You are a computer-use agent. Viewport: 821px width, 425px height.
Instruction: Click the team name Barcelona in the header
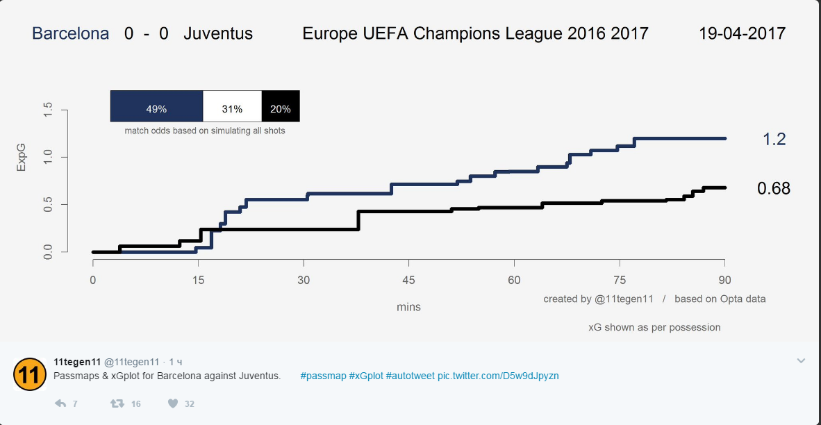(71, 33)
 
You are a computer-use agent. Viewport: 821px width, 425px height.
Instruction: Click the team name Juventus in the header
(218, 33)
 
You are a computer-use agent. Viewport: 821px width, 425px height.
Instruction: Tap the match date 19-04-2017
(742, 33)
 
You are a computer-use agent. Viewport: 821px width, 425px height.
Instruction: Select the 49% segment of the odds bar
(156, 109)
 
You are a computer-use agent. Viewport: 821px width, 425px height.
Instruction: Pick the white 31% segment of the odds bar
(232, 109)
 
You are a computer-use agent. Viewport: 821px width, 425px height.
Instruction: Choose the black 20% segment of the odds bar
(281, 109)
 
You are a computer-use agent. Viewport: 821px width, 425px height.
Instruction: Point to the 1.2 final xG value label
(774, 140)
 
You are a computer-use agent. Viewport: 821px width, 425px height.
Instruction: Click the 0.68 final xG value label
(774, 188)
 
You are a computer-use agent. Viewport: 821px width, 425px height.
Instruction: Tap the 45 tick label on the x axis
(408, 281)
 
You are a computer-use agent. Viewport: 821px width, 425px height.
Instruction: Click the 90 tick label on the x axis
(724, 281)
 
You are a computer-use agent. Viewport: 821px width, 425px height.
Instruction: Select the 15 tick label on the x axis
(198, 281)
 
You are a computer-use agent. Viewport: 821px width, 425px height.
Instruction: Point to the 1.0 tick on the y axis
(48, 158)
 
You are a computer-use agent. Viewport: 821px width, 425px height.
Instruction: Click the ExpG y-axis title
(21, 158)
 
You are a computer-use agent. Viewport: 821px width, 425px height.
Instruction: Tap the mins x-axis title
(408, 307)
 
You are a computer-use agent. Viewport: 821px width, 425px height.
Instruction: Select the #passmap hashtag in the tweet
(323, 376)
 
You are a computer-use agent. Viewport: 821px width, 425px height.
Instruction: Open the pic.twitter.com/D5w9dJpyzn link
(498, 376)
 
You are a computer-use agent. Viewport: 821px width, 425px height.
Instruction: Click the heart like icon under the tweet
(173, 403)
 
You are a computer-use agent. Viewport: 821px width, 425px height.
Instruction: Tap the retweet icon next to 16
(118, 403)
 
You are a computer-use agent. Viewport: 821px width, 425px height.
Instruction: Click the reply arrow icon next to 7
(60, 403)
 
